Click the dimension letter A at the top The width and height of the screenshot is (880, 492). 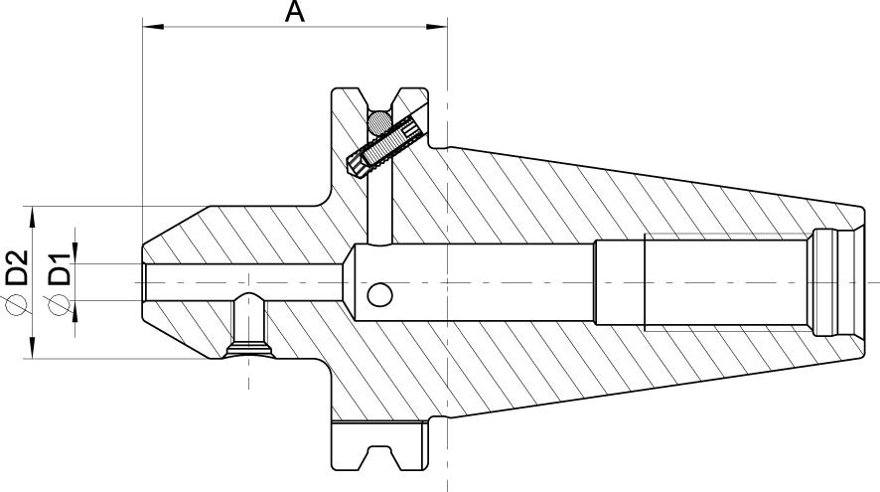tap(294, 12)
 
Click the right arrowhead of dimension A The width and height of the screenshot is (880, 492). tap(436, 27)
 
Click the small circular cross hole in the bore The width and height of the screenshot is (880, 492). tap(379, 295)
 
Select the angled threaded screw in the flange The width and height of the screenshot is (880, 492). tap(387, 146)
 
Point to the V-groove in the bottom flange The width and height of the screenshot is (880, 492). tap(379, 457)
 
